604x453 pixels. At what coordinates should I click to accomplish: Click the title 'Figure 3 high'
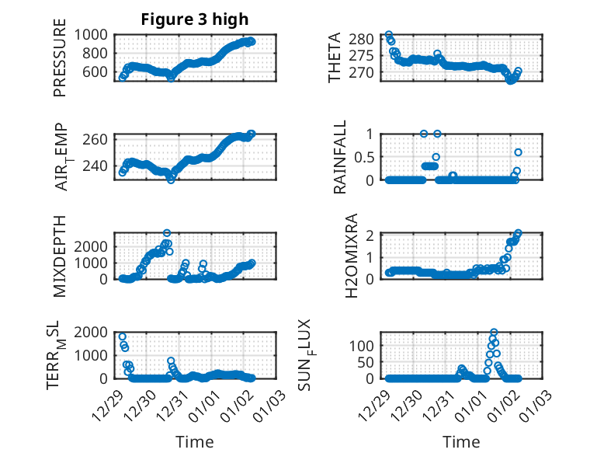coord(195,19)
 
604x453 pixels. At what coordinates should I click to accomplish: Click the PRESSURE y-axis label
coord(61,63)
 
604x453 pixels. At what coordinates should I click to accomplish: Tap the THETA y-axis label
coord(335,58)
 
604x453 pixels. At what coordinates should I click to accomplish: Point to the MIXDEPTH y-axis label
coord(61,256)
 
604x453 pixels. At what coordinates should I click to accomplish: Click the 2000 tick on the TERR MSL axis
coord(95,332)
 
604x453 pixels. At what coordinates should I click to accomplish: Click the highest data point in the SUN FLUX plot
coord(494,333)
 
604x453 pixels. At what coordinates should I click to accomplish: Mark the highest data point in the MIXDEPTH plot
coord(167,233)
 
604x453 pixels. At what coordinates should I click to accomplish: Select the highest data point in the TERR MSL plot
coord(123,336)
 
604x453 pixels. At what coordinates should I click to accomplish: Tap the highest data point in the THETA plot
coord(389,35)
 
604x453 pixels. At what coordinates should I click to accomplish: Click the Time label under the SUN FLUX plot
coord(461,442)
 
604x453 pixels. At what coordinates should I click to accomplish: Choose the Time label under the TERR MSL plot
coord(195,442)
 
